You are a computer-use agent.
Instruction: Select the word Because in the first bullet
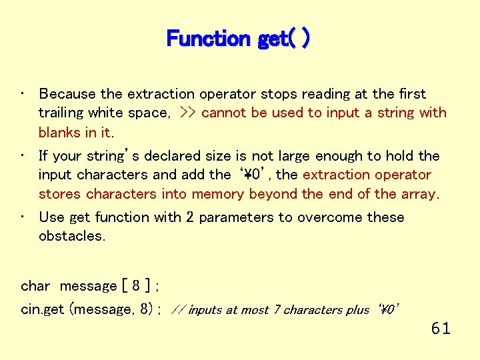coord(67,94)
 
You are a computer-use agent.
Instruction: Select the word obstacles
coord(72,236)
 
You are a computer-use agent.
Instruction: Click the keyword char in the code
coord(35,286)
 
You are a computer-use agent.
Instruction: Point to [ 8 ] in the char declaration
coord(135,286)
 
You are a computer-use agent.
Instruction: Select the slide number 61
coord(441,328)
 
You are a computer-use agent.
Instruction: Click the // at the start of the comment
coord(178,310)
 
